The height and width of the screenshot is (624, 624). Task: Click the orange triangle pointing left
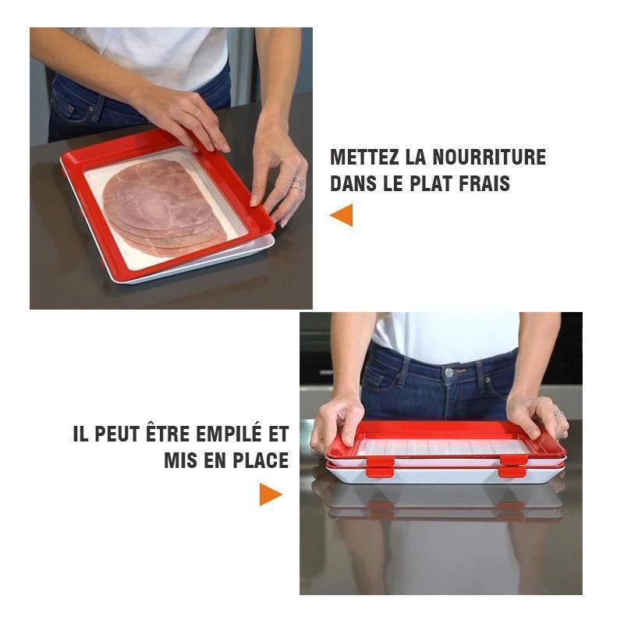tap(342, 215)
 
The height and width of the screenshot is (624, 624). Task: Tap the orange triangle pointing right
tap(270, 494)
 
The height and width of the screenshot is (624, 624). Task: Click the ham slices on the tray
tap(160, 207)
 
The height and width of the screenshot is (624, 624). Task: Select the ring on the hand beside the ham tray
tap(297, 184)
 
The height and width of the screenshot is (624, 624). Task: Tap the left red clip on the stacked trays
tap(380, 466)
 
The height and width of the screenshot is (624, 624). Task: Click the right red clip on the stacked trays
tap(513, 466)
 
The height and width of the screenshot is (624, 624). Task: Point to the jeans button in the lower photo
tap(448, 373)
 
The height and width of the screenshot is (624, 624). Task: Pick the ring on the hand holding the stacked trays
tap(558, 415)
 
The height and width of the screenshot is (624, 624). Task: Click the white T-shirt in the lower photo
tap(445, 332)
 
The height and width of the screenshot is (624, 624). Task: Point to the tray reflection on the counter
tap(445, 507)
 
